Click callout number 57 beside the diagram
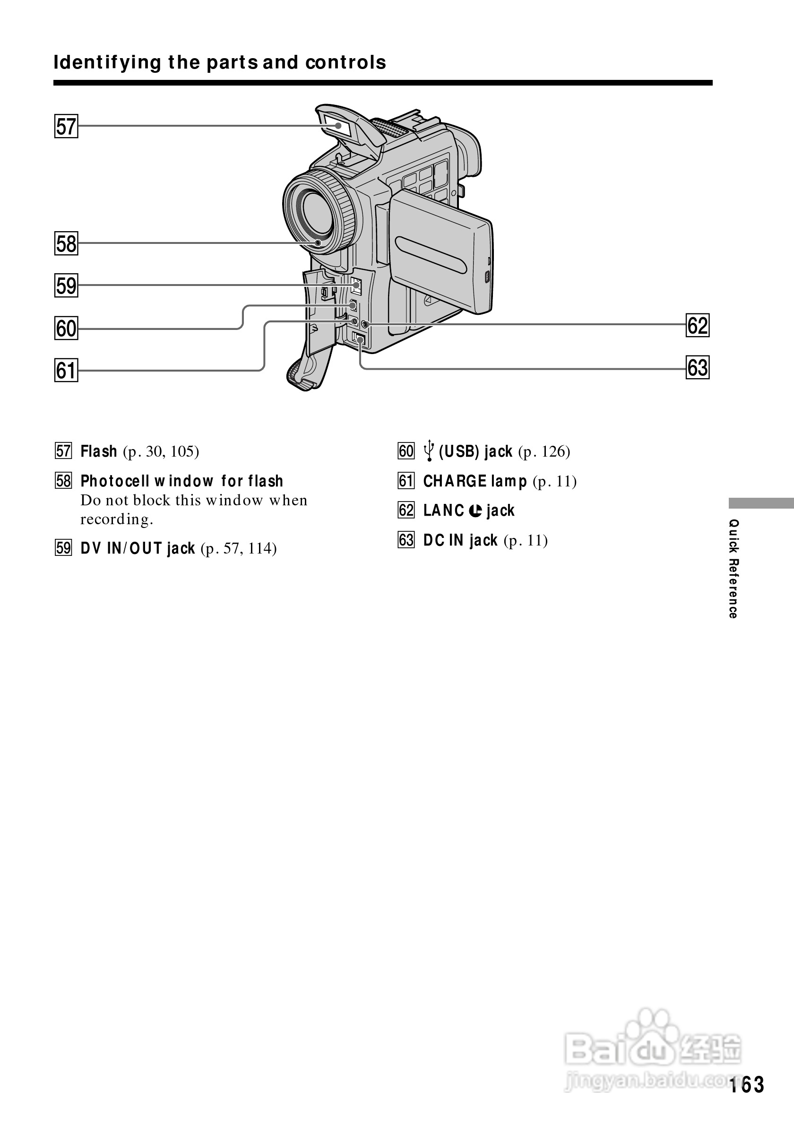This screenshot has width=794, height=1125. [x=66, y=126]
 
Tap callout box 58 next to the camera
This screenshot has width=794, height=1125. [x=66, y=243]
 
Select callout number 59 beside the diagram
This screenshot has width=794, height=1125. [x=66, y=286]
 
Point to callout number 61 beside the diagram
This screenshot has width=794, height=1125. [x=66, y=370]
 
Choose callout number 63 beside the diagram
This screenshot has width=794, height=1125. [x=698, y=367]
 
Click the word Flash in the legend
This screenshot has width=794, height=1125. [x=98, y=451]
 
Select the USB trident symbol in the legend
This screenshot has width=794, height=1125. [x=429, y=451]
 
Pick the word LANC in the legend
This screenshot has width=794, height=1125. [x=443, y=511]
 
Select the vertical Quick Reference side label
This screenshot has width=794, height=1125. [x=733, y=568]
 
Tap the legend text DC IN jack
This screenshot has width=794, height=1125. [x=460, y=540]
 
